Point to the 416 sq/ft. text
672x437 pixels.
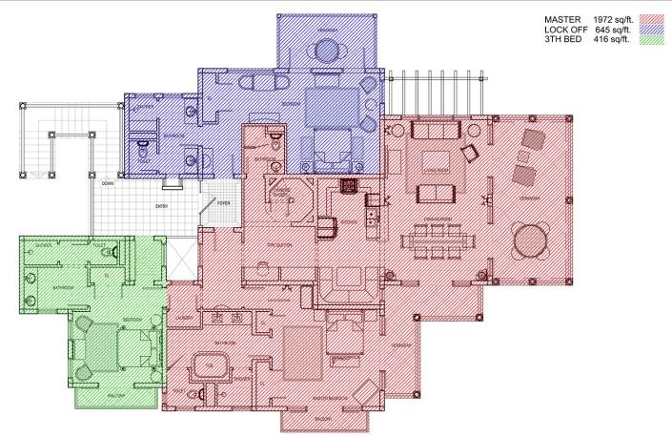[611, 40]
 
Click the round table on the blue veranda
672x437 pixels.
[328, 54]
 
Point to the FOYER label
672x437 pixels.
[222, 202]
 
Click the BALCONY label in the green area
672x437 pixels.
[114, 392]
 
